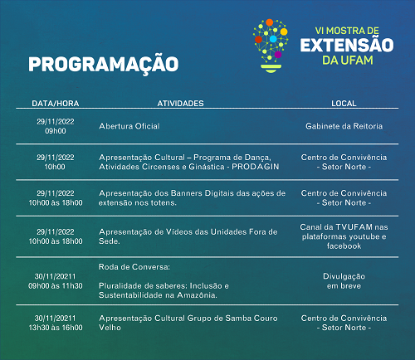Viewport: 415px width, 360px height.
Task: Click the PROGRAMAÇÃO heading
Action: pos(104,64)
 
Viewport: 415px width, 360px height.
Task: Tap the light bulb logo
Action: pos(271,46)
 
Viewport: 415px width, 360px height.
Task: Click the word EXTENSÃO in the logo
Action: pos(347,45)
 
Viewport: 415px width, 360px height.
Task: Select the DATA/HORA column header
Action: pos(56,104)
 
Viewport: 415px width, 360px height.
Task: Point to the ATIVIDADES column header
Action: pos(180,104)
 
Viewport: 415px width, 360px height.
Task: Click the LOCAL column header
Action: pos(344,104)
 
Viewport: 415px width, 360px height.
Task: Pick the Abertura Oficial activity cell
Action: pos(129,126)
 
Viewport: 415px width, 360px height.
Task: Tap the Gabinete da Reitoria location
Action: pos(344,126)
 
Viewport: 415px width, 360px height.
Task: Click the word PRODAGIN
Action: pos(256,167)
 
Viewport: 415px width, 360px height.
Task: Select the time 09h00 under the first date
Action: pos(56,131)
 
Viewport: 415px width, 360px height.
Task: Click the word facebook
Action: pos(344,246)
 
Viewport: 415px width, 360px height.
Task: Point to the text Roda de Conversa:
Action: pos(134,267)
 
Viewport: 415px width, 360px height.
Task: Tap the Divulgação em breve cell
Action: pos(344,281)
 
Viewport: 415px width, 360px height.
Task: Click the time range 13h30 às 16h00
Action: pos(56,328)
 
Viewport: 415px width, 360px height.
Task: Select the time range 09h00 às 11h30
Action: pos(56,285)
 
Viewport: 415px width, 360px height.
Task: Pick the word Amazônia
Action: pos(197,295)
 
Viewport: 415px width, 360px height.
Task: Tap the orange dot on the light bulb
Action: pos(270,22)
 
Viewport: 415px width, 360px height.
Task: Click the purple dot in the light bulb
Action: pos(278,55)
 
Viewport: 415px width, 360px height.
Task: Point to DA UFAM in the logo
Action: pos(348,61)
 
